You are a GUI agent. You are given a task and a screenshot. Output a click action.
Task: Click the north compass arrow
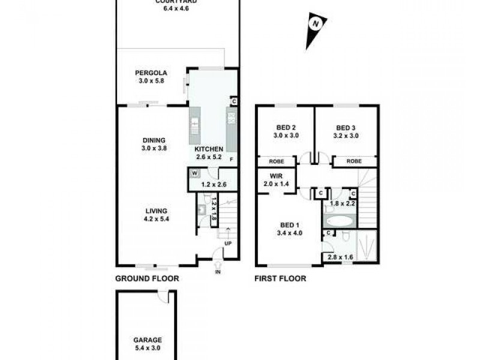(x=313, y=31)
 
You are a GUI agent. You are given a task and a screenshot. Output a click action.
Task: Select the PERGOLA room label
(x=149, y=75)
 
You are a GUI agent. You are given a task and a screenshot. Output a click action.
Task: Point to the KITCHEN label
(x=209, y=149)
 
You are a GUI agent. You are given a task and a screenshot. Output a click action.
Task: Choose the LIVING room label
(x=155, y=211)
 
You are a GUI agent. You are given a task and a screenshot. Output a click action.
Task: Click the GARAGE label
(x=147, y=340)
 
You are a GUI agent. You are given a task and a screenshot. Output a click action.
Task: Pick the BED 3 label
(x=346, y=127)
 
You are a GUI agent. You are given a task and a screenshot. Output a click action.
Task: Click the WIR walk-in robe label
(x=276, y=176)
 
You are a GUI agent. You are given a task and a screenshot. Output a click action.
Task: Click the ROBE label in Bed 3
(x=354, y=161)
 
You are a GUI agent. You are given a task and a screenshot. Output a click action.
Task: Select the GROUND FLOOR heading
(x=147, y=279)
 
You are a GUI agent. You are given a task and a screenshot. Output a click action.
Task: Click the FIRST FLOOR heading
(x=281, y=279)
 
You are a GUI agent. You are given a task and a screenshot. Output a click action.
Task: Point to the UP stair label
(x=228, y=244)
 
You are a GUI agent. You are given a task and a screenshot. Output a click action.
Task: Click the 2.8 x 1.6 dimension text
(x=340, y=257)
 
